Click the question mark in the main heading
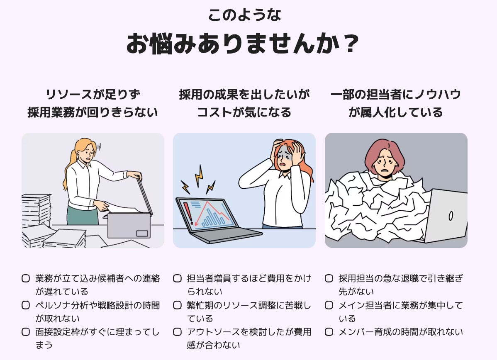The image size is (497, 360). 351,44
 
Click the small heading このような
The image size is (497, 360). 244,15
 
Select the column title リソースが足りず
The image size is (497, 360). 93,95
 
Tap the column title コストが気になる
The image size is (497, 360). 244,112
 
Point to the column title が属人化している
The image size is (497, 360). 396,112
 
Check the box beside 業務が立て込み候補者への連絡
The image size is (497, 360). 26,278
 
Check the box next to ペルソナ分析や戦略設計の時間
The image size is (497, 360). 26,305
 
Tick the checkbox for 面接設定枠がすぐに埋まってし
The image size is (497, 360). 26,332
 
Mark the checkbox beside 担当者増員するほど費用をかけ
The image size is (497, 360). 177,278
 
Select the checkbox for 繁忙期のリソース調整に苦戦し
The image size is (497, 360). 177,305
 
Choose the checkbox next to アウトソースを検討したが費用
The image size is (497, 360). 177,332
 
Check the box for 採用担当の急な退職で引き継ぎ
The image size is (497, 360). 329,278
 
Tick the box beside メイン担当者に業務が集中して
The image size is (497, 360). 329,305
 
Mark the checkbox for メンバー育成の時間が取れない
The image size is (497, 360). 329,332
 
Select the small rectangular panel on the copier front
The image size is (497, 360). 142,234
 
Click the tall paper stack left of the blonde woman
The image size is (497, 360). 36,210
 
